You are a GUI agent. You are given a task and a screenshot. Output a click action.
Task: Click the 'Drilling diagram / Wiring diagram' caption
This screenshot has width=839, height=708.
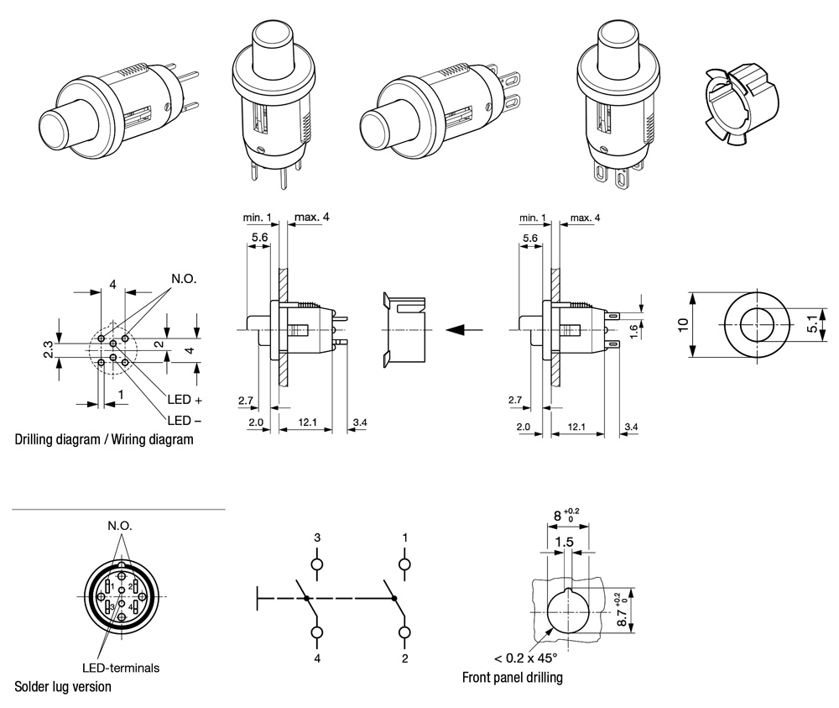tap(104, 439)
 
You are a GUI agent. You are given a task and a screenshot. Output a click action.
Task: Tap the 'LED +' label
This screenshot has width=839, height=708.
tap(185, 400)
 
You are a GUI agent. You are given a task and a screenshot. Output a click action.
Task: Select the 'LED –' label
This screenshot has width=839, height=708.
tap(185, 420)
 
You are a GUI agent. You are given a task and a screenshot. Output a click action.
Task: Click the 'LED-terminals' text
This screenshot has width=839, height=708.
tap(121, 669)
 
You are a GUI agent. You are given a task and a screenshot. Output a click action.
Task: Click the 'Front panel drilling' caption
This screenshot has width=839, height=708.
tap(512, 677)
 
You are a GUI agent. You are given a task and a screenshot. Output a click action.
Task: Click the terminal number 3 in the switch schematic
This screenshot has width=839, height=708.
tap(317, 537)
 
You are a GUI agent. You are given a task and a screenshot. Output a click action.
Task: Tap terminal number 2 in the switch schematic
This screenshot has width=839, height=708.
tap(404, 658)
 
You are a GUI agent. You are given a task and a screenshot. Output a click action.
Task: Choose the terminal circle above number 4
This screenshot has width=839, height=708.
tap(317, 632)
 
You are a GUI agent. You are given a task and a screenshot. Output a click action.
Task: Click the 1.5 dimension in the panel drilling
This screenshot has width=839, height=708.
tap(564, 543)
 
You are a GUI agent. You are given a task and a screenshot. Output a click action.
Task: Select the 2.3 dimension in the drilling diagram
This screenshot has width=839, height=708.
tap(49, 348)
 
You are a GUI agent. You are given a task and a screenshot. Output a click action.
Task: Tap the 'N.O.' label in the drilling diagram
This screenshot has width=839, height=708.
tap(184, 279)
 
